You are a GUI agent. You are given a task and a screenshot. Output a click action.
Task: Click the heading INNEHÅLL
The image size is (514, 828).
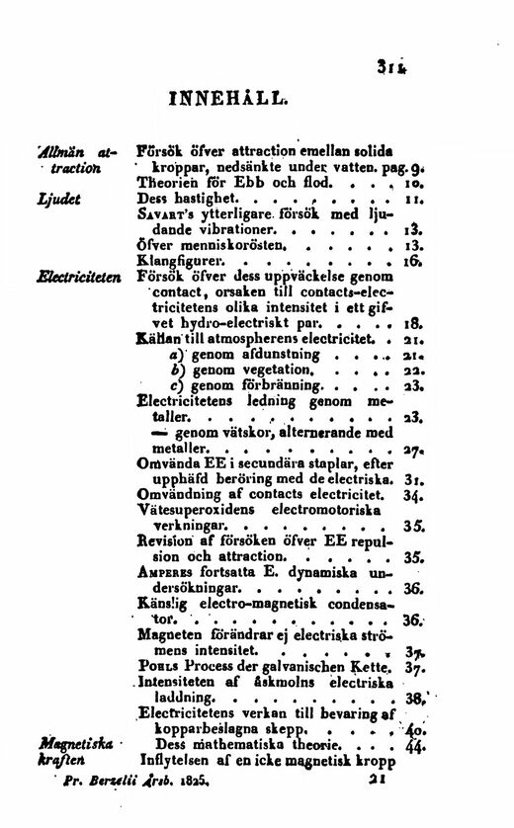[x=229, y=100]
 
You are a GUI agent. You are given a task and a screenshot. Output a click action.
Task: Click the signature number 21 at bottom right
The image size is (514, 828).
[x=374, y=778]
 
